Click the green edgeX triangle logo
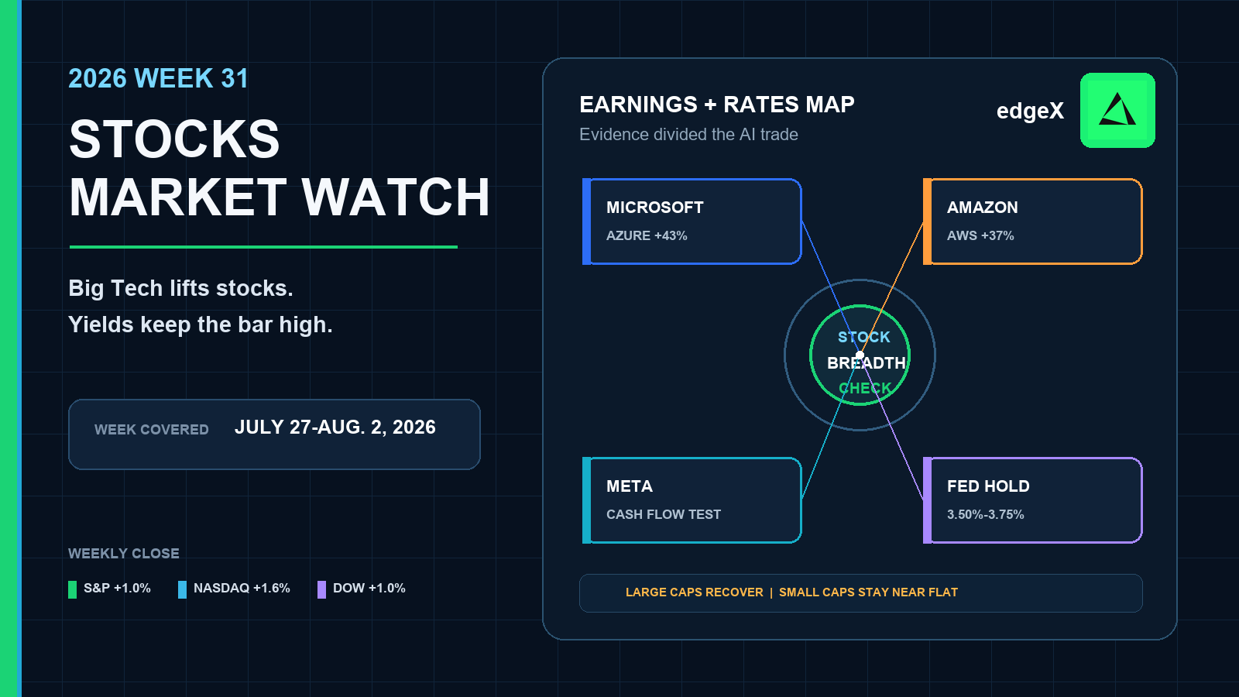pos(1117,110)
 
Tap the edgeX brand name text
pos(1030,112)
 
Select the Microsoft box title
pos(655,208)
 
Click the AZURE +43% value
pos(647,235)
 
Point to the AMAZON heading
pos(983,208)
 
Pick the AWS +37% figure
pos(980,235)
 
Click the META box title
pos(630,486)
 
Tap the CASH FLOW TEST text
pos(663,514)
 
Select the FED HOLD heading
pos(988,486)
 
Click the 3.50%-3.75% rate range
pos(985,514)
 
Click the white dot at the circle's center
pos(860,355)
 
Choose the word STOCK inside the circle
pos(864,337)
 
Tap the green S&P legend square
pos(73,589)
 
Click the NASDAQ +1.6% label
pos(242,588)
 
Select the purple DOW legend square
pos(321,589)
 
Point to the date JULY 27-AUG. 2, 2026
pos(335,427)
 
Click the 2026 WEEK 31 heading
pos(158,78)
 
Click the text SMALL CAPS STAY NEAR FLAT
pos(868,592)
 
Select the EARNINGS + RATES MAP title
pos(717,105)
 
